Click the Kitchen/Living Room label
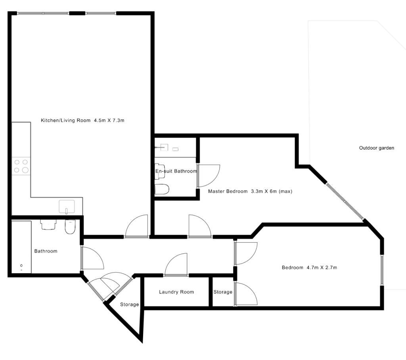click(82, 121)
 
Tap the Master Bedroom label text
click(250, 191)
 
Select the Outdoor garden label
click(377, 148)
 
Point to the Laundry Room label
click(176, 292)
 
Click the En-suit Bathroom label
click(176, 171)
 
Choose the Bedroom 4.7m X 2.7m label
click(309, 268)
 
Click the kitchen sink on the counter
click(67, 207)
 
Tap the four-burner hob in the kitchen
click(21, 166)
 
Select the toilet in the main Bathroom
click(70, 227)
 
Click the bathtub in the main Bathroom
click(21, 247)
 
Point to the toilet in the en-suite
click(162, 189)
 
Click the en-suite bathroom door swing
click(209, 176)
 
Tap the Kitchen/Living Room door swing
click(136, 226)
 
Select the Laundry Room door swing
click(176, 264)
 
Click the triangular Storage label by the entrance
click(130, 304)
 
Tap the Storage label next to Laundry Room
click(223, 292)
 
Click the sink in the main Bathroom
click(48, 224)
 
